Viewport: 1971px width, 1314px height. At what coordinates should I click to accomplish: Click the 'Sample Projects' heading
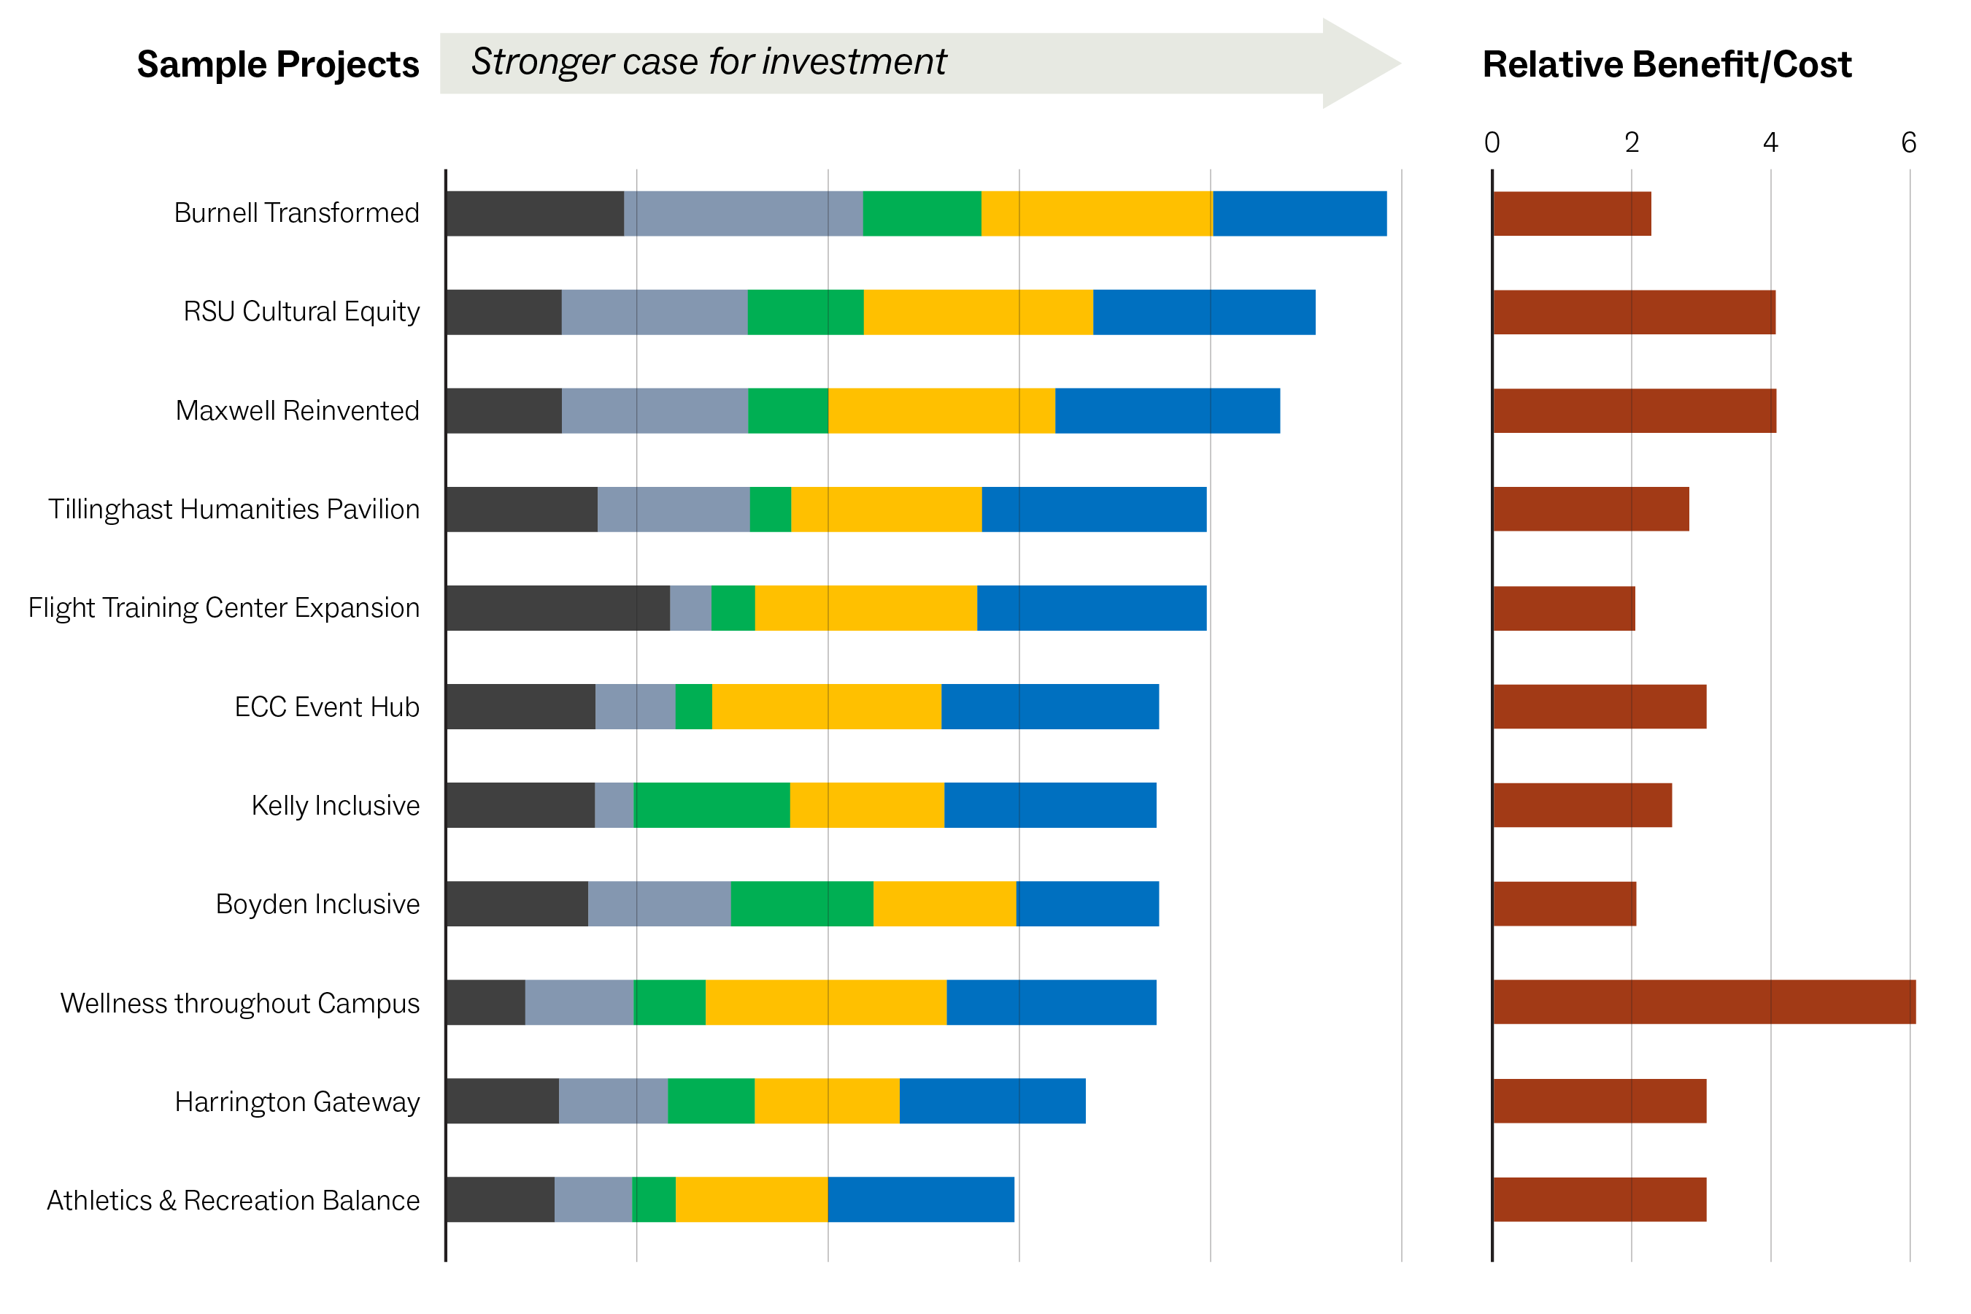(277, 64)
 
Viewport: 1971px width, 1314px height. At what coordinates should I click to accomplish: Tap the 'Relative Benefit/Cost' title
(1665, 64)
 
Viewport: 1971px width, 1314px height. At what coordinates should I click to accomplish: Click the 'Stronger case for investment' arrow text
(708, 62)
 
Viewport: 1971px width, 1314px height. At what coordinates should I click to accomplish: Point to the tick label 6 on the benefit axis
(1908, 142)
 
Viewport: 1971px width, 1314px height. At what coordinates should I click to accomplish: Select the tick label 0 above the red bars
(1491, 142)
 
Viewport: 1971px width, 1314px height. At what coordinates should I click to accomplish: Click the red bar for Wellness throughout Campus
(1703, 1002)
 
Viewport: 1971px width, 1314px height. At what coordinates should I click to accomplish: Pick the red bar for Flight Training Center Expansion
(1563, 607)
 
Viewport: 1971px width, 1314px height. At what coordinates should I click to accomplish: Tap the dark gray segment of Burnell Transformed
(534, 214)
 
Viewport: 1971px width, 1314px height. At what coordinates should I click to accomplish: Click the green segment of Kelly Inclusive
(711, 804)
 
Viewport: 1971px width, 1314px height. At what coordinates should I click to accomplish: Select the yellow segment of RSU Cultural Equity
(978, 312)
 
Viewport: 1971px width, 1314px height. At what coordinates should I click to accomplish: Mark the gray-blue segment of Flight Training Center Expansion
(690, 607)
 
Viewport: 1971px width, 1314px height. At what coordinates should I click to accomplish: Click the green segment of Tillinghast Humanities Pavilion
(770, 509)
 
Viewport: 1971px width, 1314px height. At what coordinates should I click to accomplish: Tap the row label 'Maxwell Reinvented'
(298, 410)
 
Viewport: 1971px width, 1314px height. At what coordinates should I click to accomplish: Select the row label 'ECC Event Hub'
(327, 707)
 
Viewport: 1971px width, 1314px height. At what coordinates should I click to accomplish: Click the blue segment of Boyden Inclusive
(1087, 904)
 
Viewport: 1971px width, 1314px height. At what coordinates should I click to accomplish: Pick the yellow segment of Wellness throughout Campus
(825, 1002)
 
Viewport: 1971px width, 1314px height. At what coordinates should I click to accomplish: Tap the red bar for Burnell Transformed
(1570, 214)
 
